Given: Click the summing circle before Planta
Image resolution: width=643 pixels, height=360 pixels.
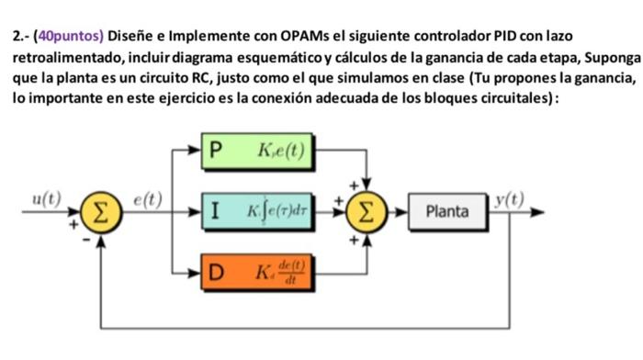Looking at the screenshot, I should tap(367, 212).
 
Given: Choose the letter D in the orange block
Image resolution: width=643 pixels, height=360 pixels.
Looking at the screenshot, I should tap(217, 273).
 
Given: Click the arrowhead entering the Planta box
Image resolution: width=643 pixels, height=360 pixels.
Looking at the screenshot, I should tap(403, 212).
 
